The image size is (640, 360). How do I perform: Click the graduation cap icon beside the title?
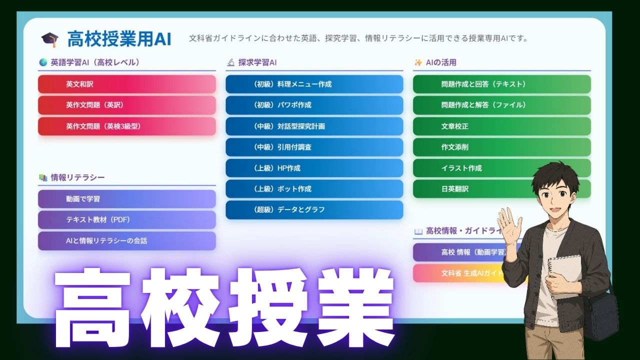[x=50, y=39]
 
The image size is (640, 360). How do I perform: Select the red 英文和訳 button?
[x=126, y=84]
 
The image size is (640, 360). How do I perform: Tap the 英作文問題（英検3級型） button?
[x=126, y=126]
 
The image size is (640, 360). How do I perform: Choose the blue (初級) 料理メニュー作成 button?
[x=314, y=84]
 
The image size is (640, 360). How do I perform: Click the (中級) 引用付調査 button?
[x=314, y=147]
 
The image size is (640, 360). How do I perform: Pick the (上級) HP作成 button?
[x=314, y=168]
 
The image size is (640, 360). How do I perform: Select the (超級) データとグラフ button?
[x=314, y=210]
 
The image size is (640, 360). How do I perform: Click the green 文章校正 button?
[x=501, y=126]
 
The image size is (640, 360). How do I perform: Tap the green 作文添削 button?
[x=501, y=147]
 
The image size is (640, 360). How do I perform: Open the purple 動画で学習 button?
[x=126, y=198]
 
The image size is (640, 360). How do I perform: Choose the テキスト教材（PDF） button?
[x=126, y=219]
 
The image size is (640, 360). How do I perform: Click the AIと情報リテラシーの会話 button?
[x=126, y=240]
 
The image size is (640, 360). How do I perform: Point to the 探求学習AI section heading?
[x=257, y=62]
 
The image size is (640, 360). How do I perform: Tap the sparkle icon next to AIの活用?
[x=418, y=62]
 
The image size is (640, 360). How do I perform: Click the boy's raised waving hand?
[x=509, y=223]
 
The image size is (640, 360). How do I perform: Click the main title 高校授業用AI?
[x=119, y=39]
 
